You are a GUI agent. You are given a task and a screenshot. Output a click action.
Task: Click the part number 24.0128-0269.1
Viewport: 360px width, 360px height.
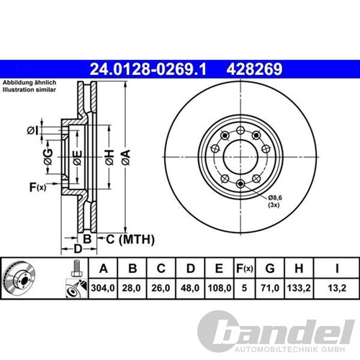148,69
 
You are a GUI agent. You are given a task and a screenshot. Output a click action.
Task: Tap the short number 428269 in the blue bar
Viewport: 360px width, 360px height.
254,69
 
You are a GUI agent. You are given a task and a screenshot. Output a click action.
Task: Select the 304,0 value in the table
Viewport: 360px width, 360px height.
103,288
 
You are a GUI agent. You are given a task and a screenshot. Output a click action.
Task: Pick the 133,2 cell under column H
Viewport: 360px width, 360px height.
299,288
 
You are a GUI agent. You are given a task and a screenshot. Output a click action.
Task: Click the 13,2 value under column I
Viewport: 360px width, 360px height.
337,288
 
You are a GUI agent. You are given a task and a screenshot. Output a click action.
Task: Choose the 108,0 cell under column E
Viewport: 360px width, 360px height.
220,288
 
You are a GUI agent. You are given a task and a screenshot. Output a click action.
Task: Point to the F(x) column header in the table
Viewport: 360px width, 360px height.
244,269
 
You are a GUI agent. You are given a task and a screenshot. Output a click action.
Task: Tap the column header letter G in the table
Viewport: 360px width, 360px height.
270,269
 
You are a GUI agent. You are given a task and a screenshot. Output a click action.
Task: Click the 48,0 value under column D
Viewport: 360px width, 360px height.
190,288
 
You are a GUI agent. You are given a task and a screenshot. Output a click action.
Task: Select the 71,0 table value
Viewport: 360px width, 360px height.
270,288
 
